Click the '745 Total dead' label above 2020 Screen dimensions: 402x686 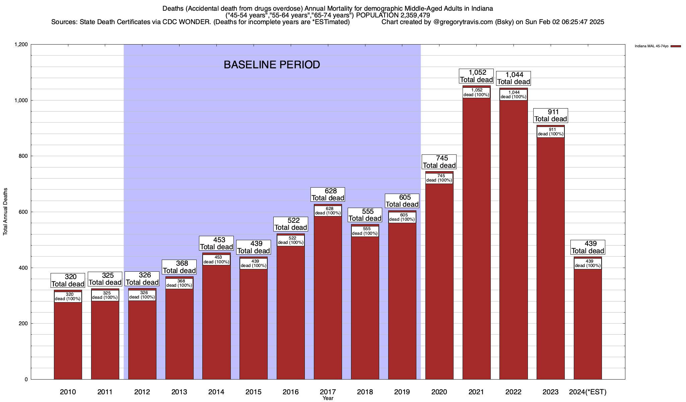pos(439,162)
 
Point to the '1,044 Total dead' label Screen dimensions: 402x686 pos(513,78)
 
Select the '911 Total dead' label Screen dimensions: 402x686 pos(551,116)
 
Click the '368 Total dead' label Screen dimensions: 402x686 pos(179,267)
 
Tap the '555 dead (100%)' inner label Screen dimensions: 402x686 pos(365,231)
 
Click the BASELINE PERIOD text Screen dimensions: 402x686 pos(272,65)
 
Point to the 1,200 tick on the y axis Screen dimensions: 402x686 pos(21,45)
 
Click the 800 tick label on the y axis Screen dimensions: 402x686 pos(23,156)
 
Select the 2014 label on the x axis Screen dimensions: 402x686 pos(216,392)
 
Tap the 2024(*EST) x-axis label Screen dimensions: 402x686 pos(588,392)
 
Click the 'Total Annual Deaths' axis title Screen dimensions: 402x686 pos(5,212)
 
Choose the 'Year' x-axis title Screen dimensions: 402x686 pos(328,398)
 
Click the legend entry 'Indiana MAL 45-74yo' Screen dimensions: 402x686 pos(651,46)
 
